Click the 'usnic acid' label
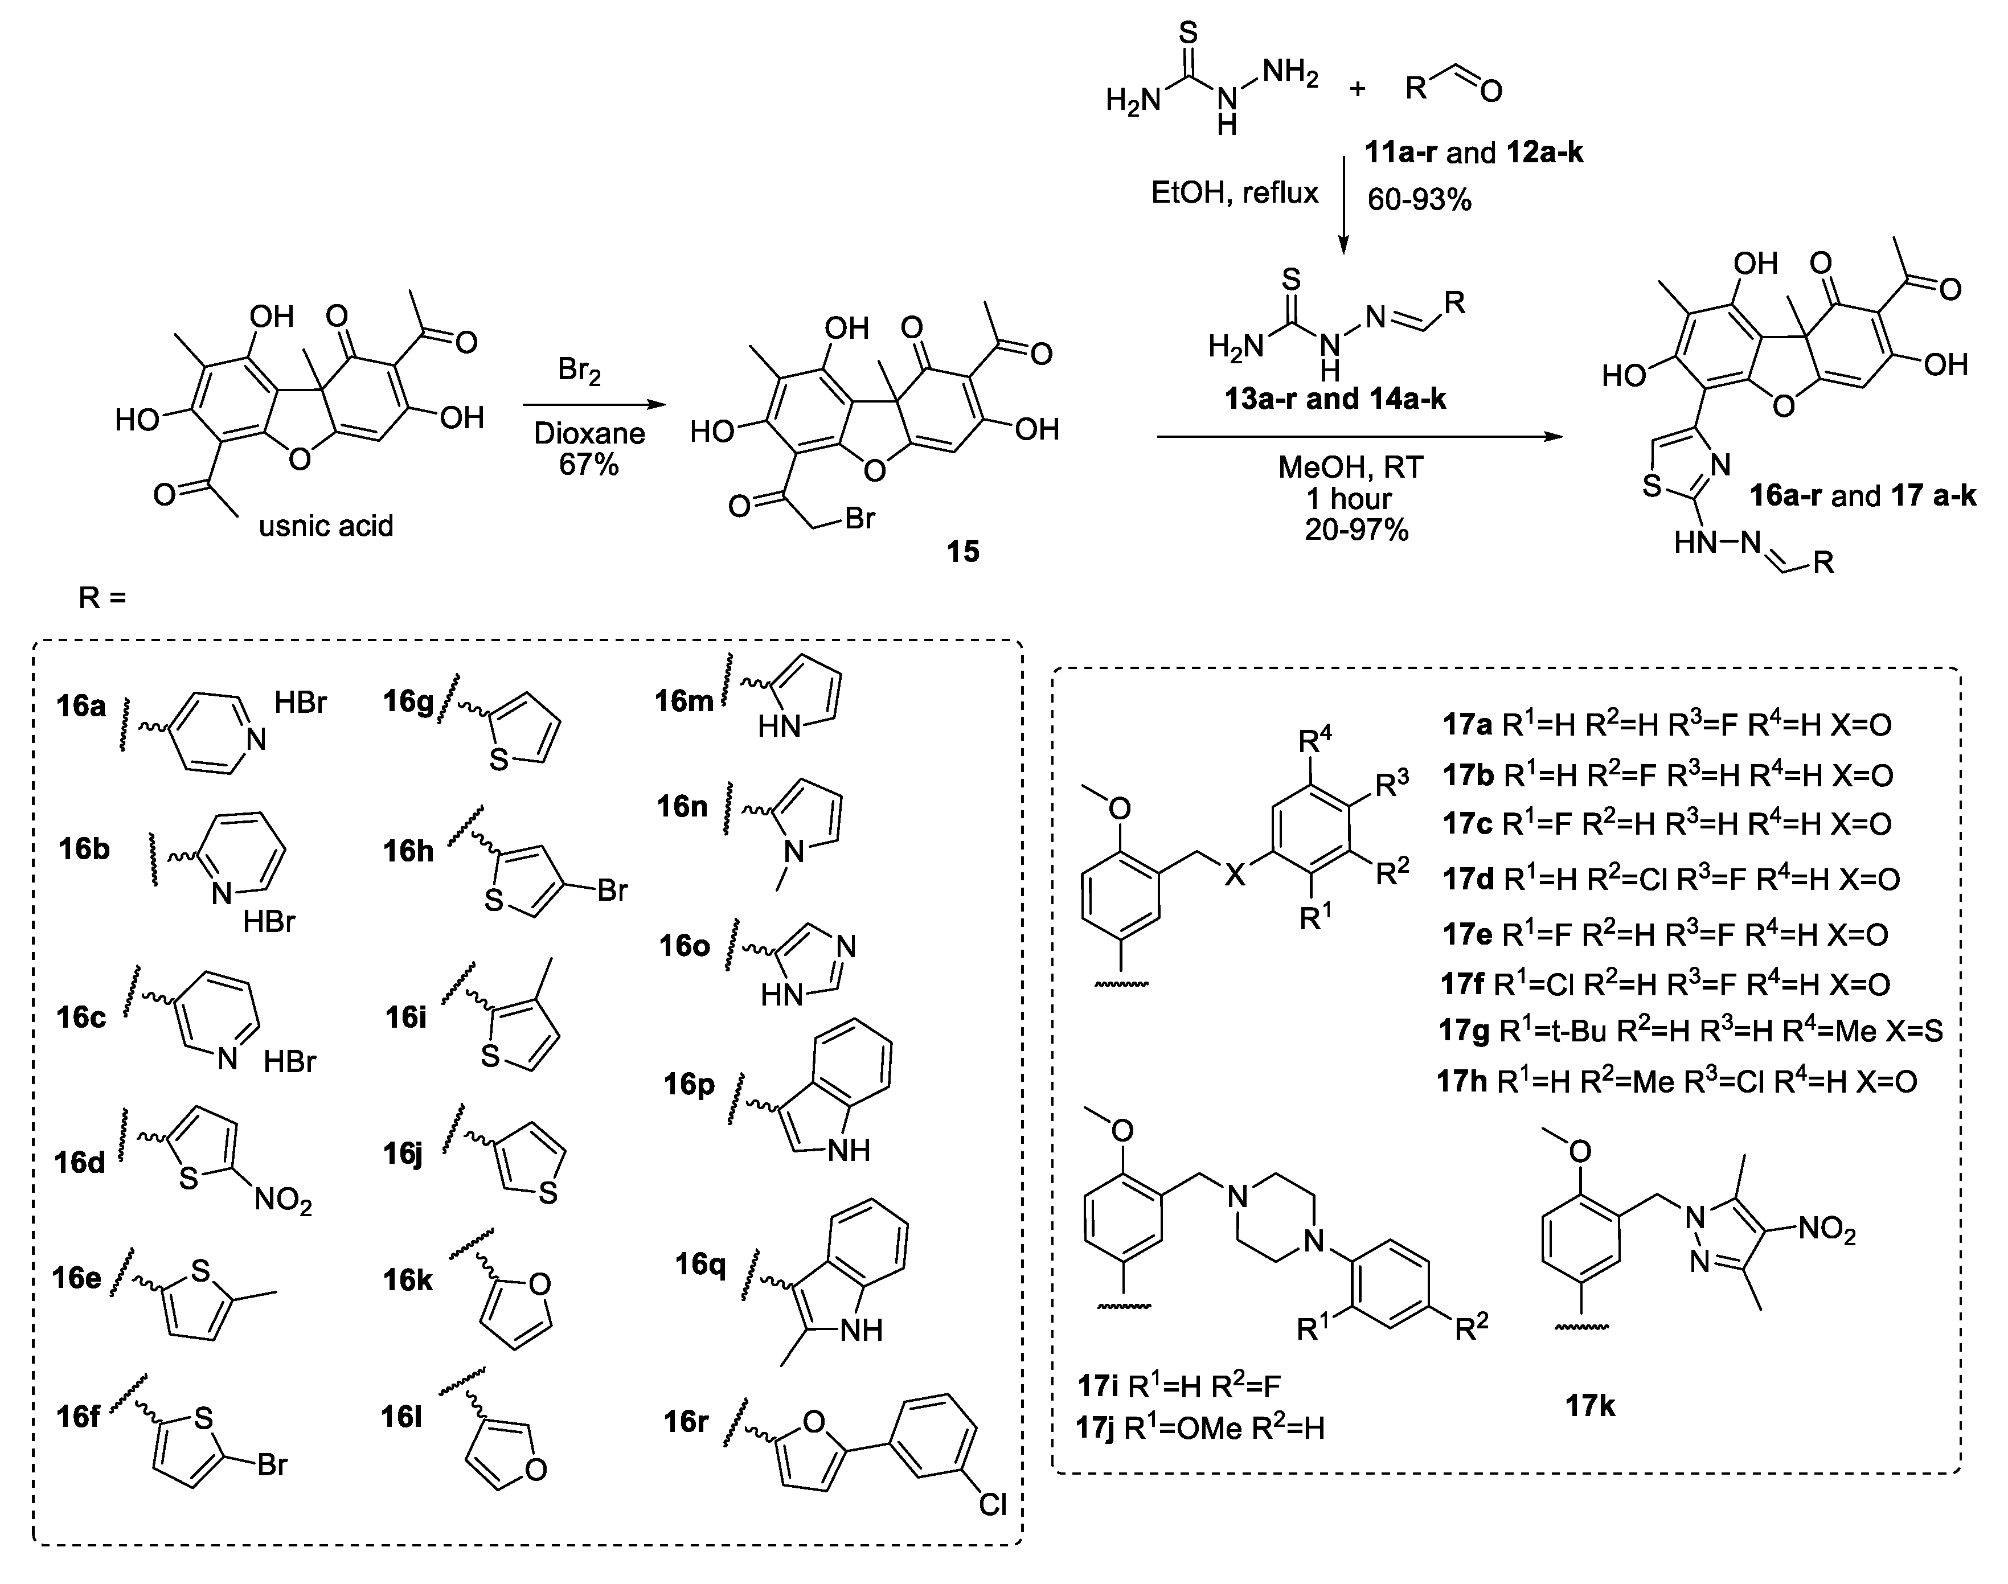[326, 526]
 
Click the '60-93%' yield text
[1419, 199]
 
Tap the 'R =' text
[102, 598]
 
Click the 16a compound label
[81, 706]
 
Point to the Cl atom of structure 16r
[993, 1503]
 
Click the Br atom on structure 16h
[612, 891]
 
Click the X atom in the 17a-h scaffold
[1235, 873]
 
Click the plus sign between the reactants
[1358, 89]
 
